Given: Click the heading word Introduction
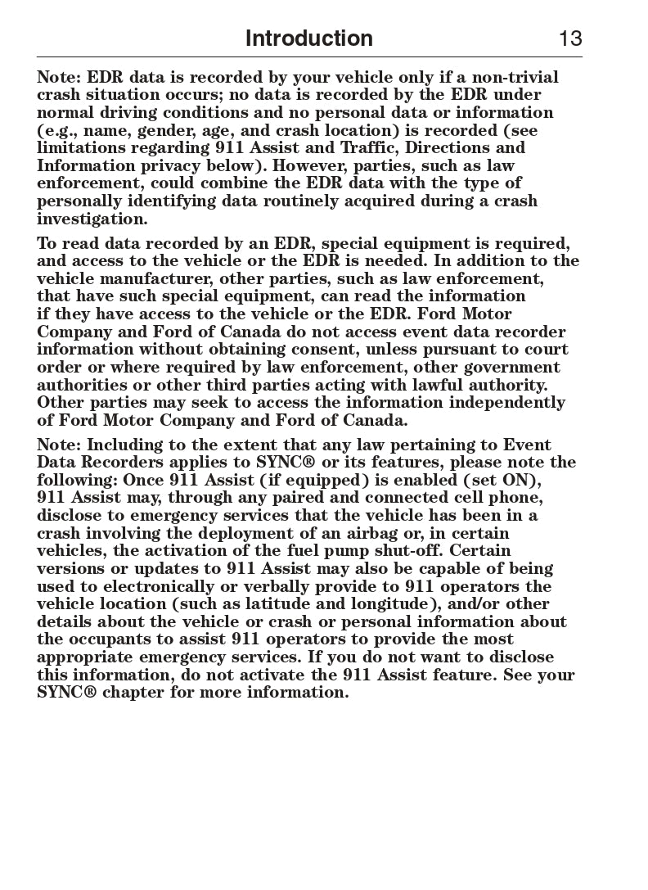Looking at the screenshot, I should [308, 38].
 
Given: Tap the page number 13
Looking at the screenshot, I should [570, 38].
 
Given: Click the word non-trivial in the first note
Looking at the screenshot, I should [515, 78].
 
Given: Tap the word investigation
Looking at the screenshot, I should [92, 219].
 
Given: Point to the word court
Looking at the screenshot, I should [545, 350].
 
